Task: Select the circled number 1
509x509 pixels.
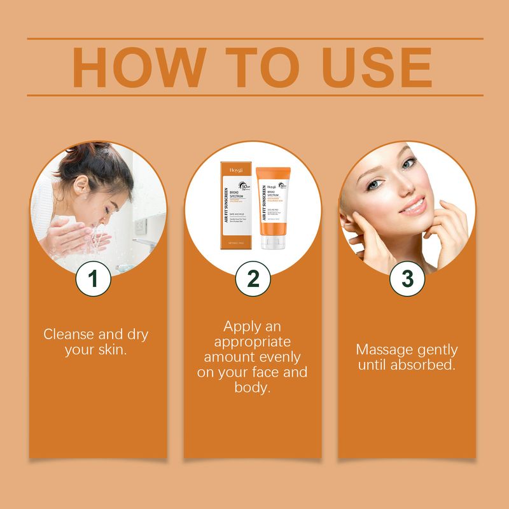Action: coord(94,279)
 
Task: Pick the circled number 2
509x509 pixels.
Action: coord(253,279)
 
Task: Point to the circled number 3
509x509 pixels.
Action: coord(407,279)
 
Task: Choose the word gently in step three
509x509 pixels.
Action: coord(436,350)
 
